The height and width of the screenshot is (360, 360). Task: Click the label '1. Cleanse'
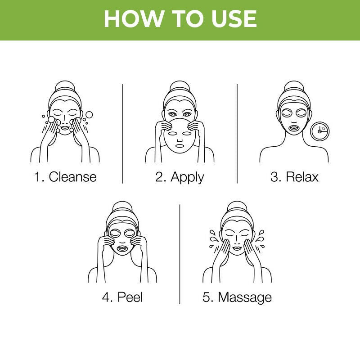click(x=65, y=176)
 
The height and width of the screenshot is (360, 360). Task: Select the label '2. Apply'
click(x=180, y=176)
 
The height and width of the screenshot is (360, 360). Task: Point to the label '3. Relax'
click(x=294, y=176)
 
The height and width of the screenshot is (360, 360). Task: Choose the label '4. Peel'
click(x=122, y=297)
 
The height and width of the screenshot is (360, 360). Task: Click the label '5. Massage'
click(x=237, y=297)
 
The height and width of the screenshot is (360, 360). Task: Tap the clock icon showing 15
click(x=320, y=130)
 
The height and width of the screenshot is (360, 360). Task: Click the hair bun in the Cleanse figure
click(x=65, y=87)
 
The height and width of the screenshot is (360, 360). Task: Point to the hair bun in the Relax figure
click(x=294, y=87)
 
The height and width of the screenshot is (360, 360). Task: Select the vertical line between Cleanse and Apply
click(x=122, y=133)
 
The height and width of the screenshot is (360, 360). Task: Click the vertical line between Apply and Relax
click(x=237, y=133)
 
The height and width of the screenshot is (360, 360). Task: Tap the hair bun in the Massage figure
click(x=237, y=207)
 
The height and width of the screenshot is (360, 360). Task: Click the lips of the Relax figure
click(x=294, y=128)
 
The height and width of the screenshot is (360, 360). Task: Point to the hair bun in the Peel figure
click(x=122, y=207)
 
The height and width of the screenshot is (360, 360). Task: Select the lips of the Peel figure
click(x=122, y=248)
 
